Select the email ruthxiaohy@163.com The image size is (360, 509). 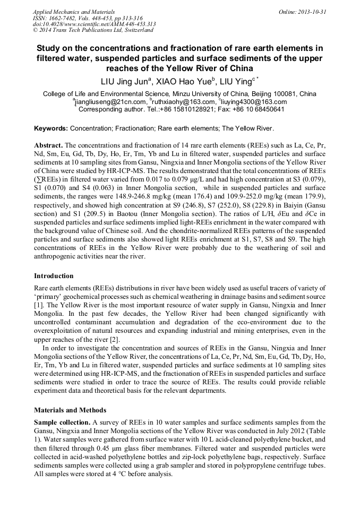[182, 102]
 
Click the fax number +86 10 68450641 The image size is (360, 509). [259, 109]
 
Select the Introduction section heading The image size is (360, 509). [54, 276]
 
